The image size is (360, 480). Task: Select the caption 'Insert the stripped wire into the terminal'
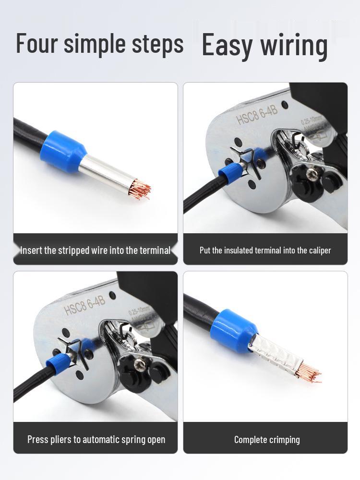tap(95, 251)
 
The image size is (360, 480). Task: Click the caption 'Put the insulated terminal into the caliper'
tap(265, 250)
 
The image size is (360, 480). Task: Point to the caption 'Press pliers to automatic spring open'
tap(96, 439)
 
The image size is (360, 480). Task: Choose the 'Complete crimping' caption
tap(267, 439)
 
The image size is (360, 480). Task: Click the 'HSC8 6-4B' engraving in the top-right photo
tap(257, 116)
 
